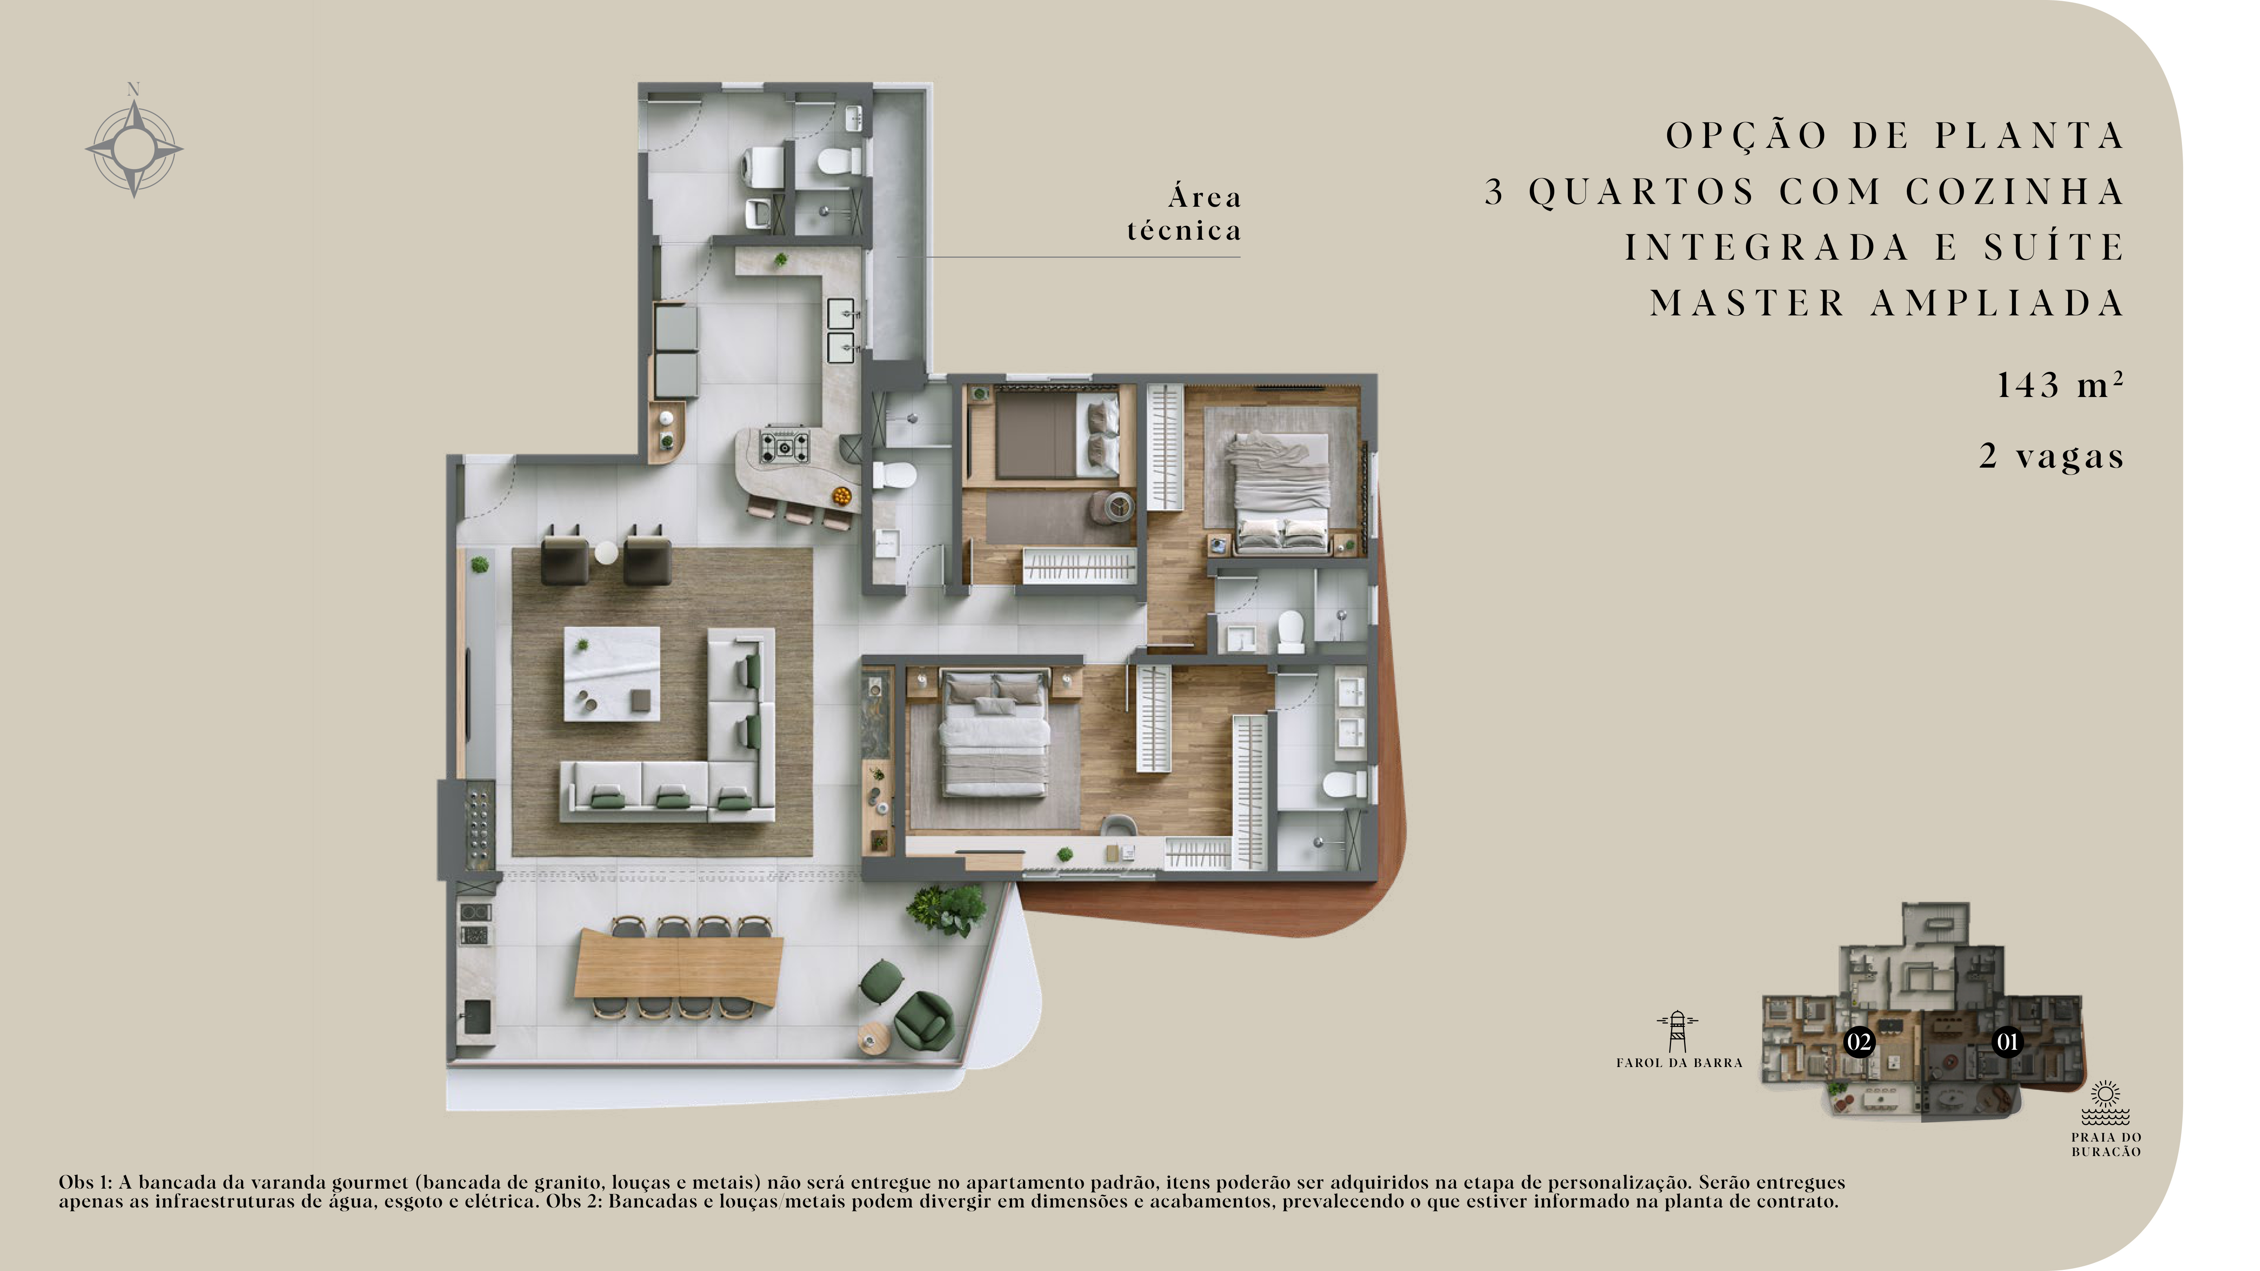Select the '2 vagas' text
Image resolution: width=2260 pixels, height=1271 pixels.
click(x=2051, y=456)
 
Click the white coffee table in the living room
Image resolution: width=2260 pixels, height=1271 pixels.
click(x=612, y=674)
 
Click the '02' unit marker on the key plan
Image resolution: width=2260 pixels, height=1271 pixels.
click(x=1858, y=1042)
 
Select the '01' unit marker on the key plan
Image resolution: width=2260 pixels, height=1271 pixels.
click(x=2007, y=1042)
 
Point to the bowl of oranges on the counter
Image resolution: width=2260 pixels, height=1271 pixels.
click(x=842, y=497)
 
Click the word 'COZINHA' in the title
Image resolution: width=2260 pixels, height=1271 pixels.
click(x=2014, y=191)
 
